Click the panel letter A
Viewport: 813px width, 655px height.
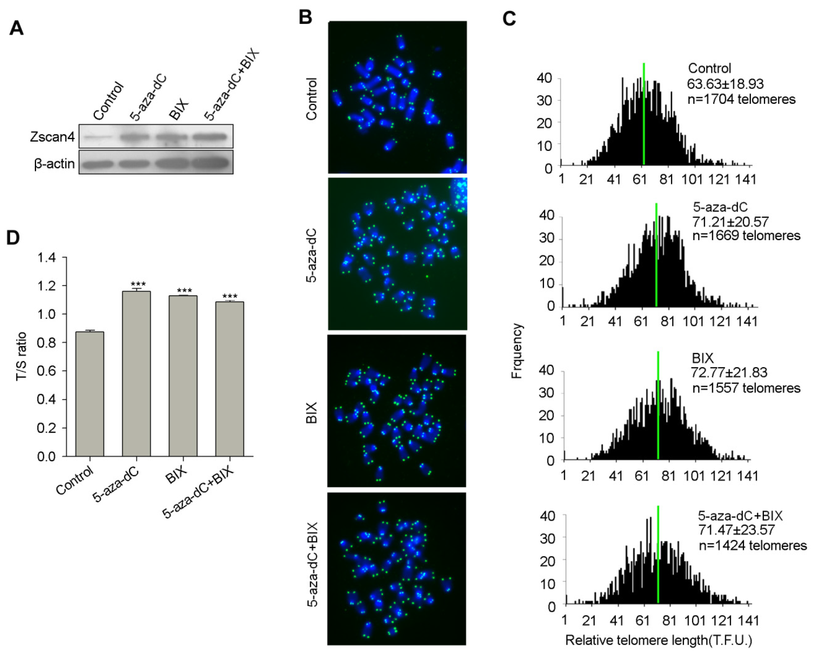(17, 28)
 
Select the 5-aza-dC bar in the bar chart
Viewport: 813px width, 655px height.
(136, 374)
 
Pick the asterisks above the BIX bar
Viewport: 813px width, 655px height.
(184, 290)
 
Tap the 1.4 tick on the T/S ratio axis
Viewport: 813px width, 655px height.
(47, 258)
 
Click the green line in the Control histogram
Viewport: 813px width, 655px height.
(644, 113)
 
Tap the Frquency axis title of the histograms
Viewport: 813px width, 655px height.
(516, 351)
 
